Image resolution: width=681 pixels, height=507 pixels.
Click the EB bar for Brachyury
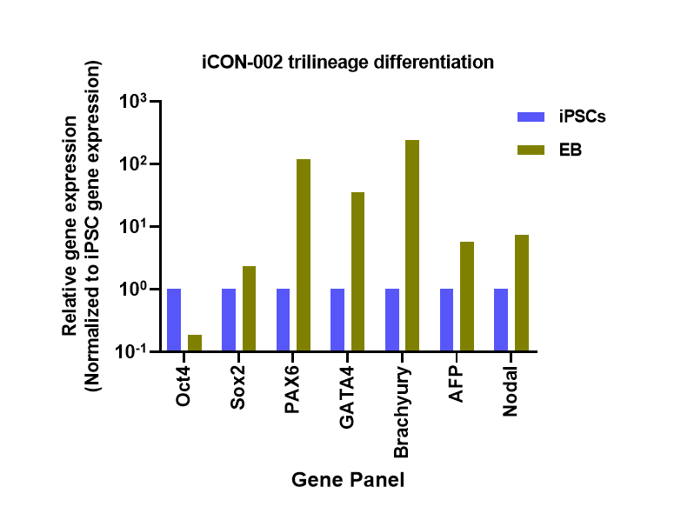pos(412,245)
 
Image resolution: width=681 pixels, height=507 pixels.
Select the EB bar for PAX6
pos(304,255)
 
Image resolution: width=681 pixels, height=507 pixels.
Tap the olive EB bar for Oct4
pos(195,343)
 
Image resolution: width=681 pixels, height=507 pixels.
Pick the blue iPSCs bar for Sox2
pos(229,319)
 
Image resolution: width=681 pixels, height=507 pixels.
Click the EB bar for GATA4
pos(357,271)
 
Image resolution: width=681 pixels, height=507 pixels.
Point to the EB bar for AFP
pos(467,296)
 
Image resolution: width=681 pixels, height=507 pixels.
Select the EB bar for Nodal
pos(521,293)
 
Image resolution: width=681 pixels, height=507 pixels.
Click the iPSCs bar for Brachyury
pos(392,319)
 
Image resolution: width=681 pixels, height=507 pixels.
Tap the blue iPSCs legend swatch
pos(531,117)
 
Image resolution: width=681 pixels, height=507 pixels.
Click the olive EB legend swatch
pos(531,150)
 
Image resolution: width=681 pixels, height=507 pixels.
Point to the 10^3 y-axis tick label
pos(136,102)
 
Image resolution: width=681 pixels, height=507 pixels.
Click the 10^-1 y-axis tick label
pos(135,351)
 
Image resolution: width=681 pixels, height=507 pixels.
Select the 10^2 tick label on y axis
pos(136,164)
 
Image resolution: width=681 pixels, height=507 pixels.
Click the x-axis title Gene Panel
pos(348,479)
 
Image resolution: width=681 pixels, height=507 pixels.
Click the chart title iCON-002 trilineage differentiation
pos(348,62)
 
